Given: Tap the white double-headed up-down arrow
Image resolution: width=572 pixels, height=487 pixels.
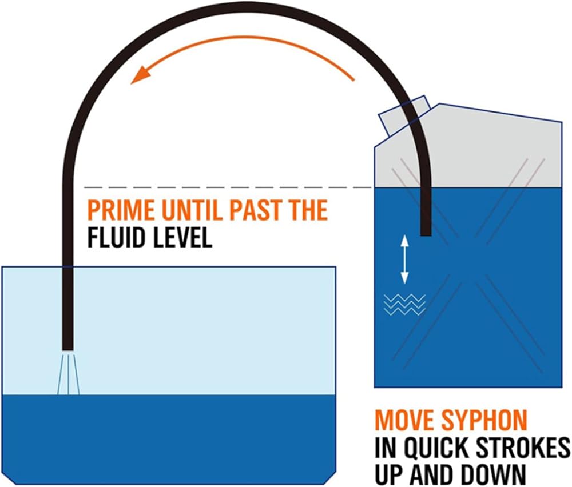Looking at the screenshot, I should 404,260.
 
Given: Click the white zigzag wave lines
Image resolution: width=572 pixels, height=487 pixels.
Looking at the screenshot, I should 404,304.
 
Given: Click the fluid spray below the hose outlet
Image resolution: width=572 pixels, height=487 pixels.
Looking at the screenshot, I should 68,374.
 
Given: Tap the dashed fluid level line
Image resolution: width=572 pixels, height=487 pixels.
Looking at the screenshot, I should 229,187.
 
